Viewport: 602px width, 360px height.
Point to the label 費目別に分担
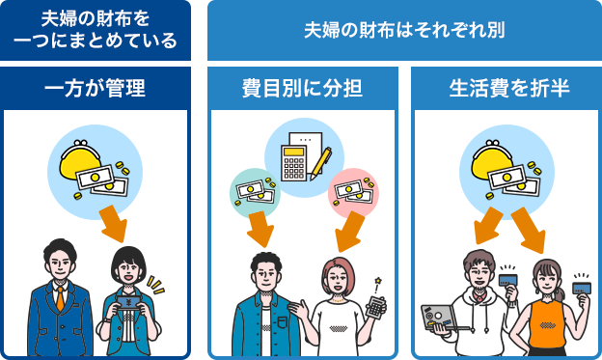click(x=302, y=90)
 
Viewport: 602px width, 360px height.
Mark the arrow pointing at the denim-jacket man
click(x=260, y=228)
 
